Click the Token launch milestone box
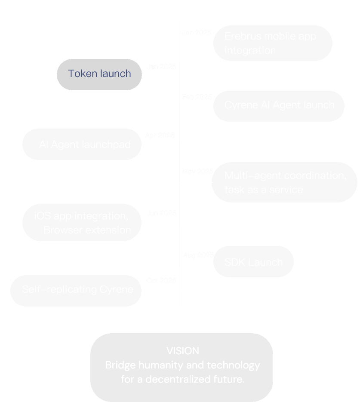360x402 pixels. tap(99, 74)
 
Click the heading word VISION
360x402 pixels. tap(183, 351)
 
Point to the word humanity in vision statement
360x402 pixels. tap(160, 365)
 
